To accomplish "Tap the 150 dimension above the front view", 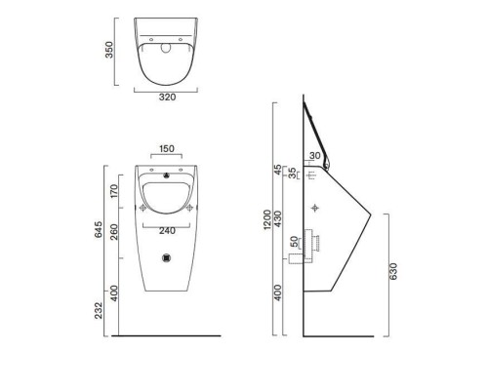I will [x=167, y=149].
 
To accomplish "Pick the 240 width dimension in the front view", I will [x=167, y=231].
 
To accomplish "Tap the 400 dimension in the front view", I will [x=113, y=292].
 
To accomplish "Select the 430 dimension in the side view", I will [x=281, y=220].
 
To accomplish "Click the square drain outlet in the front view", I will [x=167, y=259].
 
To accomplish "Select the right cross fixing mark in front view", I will [x=189, y=208].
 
